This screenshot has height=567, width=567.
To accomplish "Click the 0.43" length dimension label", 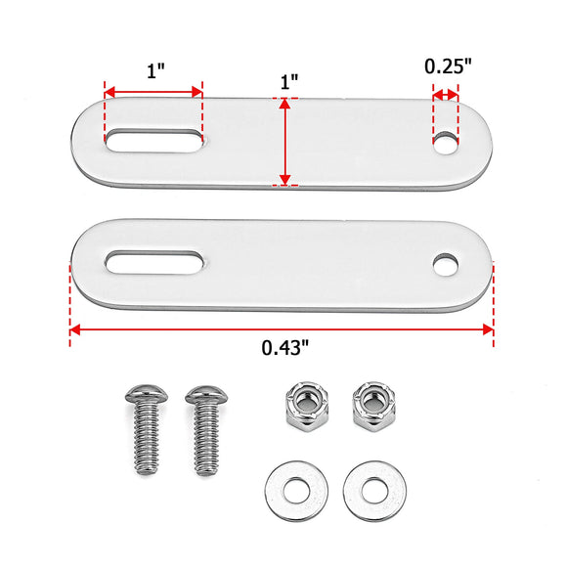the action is [285, 347].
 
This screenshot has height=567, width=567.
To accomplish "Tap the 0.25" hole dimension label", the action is [448, 66].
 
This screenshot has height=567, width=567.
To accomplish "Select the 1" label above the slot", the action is [155, 70].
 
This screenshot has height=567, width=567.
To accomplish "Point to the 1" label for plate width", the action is [289, 82].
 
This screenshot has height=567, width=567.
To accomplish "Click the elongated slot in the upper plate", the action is [153, 141].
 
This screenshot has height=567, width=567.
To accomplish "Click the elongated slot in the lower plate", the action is [153, 262].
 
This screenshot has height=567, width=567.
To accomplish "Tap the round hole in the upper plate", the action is [446, 143].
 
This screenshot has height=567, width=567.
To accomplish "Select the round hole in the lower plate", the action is [446, 265].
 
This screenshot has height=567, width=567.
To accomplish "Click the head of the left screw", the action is [147, 394].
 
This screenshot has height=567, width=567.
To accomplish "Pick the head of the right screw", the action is [206, 395].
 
